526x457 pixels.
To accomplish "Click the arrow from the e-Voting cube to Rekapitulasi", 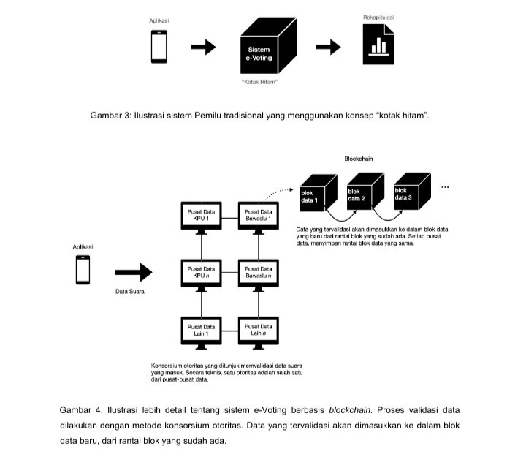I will (327, 47).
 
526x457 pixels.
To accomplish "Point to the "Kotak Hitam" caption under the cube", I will (259, 81).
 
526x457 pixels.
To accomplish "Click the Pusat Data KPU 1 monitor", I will (201, 216).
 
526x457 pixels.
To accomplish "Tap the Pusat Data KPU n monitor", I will (201, 273).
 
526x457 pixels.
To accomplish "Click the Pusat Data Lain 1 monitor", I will (201, 330).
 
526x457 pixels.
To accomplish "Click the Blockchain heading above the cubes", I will (359, 159).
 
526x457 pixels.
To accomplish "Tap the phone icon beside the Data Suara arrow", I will (83, 270).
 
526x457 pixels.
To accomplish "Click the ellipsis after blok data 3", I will (446, 187).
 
